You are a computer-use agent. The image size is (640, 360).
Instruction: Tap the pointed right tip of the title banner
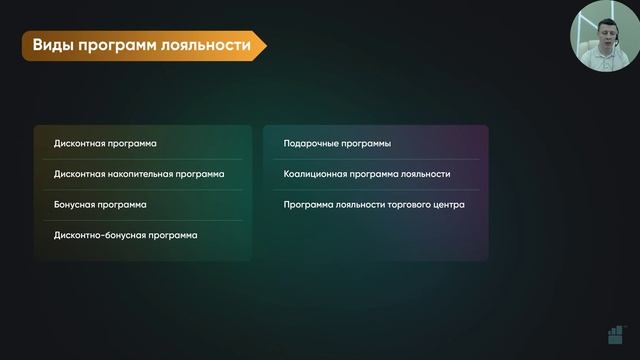pyautogui.click(x=265, y=46)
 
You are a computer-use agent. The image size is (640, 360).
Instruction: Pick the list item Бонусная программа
pyautogui.click(x=100, y=204)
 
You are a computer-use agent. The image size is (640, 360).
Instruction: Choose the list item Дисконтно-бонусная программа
pyautogui.click(x=125, y=235)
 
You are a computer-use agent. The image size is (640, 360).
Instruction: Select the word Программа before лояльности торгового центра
pyautogui.click(x=310, y=204)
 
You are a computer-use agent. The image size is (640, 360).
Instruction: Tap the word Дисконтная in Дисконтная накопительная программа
pyautogui.click(x=79, y=174)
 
